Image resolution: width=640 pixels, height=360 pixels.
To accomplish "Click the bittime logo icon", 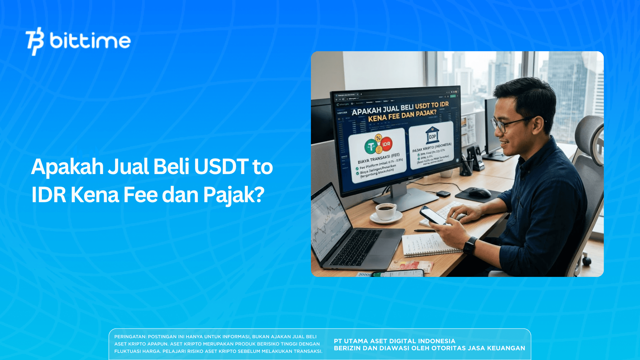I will [35, 41].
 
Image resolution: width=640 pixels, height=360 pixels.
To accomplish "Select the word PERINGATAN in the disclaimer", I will [130, 337].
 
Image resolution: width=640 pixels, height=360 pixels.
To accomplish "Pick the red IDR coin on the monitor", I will [386, 144].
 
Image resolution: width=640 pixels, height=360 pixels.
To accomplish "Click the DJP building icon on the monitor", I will [432, 135].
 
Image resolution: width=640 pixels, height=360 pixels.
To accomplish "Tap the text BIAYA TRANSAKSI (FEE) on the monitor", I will [378, 158].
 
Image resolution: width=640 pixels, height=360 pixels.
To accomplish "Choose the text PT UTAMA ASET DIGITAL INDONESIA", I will [394, 341].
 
